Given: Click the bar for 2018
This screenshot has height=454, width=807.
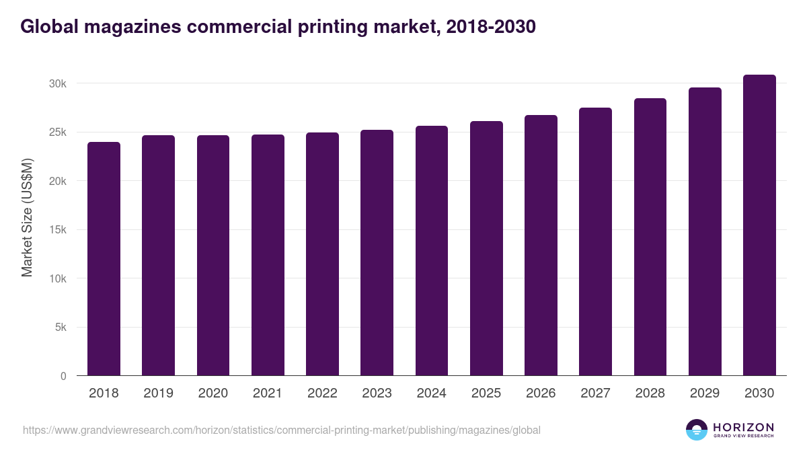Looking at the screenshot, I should pyautogui.click(x=104, y=259).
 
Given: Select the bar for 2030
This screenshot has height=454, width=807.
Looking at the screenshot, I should pyautogui.click(x=759, y=225).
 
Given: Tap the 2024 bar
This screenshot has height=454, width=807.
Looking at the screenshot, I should pyautogui.click(x=432, y=251).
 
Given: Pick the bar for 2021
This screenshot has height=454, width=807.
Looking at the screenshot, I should pyautogui.click(x=268, y=256).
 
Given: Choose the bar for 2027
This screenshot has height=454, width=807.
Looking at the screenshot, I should pyautogui.click(x=595, y=241).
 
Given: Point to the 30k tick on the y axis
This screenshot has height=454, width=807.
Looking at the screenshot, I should pyautogui.click(x=57, y=83).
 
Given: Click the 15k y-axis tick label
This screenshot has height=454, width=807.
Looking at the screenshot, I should pyautogui.click(x=57, y=230).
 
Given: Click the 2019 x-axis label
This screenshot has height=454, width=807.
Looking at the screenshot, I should pyautogui.click(x=158, y=393).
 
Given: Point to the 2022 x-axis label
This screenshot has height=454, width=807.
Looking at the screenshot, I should pyautogui.click(x=322, y=393).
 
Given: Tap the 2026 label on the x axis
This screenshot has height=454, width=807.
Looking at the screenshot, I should pyautogui.click(x=541, y=393).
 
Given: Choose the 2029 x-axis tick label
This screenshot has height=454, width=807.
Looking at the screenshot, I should pyautogui.click(x=705, y=393).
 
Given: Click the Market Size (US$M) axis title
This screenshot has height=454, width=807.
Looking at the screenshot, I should pyautogui.click(x=27, y=217).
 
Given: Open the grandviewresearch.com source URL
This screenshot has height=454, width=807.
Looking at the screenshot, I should pyautogui.click(x=281, y=430).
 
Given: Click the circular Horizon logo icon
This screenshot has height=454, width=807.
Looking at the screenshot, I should pyautogui.click(x=697, y=430).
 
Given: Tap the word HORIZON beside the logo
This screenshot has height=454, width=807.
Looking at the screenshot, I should pyautogui.click(x=743, y=427).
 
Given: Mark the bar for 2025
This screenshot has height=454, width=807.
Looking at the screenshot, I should pyautogui.click(x=486, y=249).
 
